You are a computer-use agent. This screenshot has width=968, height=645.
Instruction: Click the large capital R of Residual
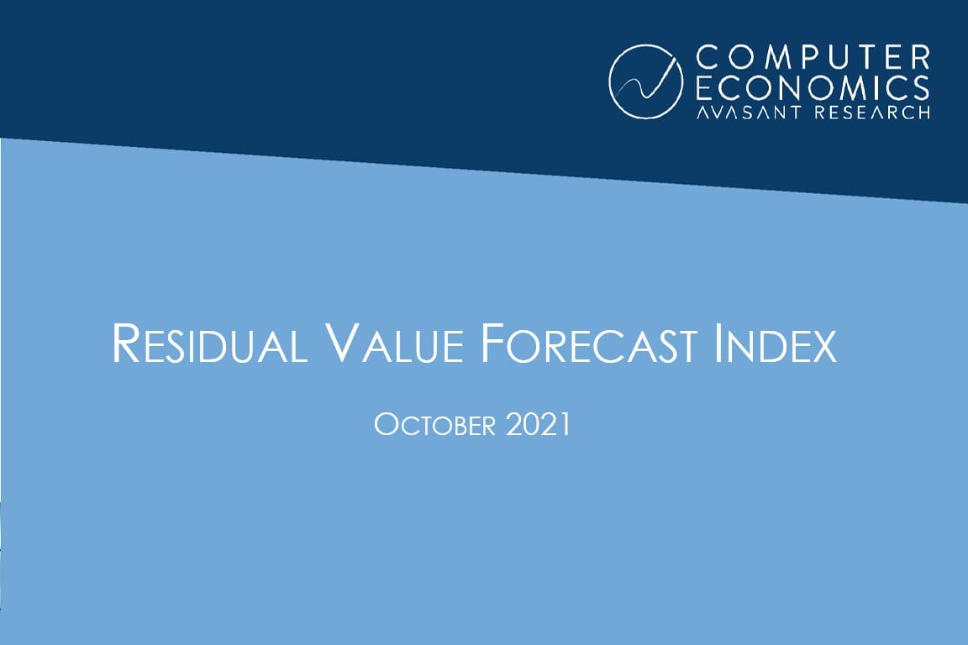[x=124, y=343]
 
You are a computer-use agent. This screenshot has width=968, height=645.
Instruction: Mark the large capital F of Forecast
[x=481, y=343]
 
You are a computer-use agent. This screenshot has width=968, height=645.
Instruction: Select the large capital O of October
[x=385, y=425]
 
